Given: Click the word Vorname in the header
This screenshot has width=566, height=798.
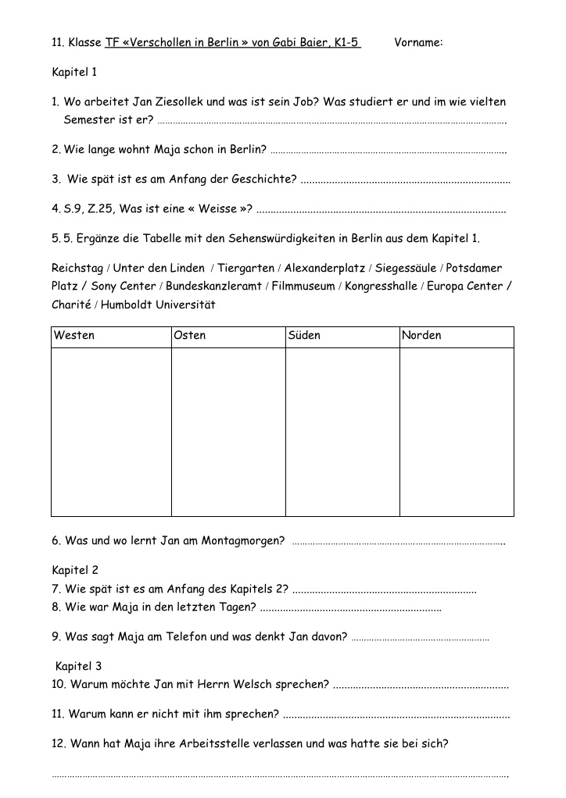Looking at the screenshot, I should [418, 42].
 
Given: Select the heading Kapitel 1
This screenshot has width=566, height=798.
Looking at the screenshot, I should [74, 72].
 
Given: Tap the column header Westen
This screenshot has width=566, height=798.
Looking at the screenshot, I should [74, 336].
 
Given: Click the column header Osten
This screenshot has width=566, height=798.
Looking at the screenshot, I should [190, 336].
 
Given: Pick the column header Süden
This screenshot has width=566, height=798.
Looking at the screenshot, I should [304, 336].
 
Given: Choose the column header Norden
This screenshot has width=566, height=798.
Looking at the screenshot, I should [421, 336].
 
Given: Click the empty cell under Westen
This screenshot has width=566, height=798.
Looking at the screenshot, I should [111, 432].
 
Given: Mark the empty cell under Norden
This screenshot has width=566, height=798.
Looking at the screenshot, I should [457, 432].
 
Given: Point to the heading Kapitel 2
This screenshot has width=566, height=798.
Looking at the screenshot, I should [75, 570].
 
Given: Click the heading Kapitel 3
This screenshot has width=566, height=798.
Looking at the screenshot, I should [78, 666].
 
